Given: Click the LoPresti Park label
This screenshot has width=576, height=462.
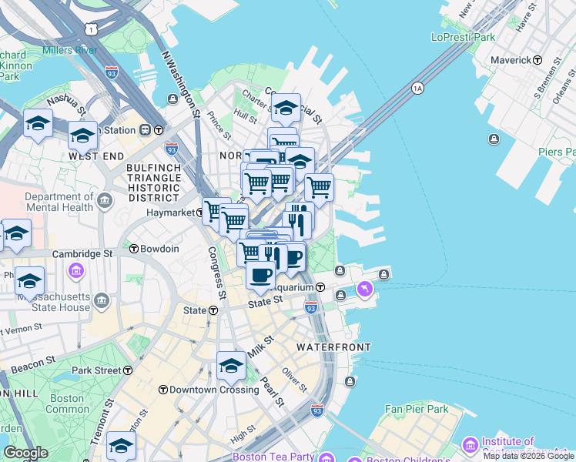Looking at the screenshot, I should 463,36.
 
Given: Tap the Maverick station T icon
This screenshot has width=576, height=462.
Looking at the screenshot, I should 537,60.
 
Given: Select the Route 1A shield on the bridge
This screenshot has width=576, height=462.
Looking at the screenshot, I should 417,88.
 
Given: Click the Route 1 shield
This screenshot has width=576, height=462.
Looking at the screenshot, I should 92,28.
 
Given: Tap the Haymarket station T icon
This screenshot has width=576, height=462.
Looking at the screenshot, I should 200,212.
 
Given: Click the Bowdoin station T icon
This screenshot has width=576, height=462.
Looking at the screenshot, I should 134,249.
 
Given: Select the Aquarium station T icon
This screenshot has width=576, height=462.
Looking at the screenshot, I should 320,287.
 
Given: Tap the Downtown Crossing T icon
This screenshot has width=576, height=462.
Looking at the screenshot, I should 163,390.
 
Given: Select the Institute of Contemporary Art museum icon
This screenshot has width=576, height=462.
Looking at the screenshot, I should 470,445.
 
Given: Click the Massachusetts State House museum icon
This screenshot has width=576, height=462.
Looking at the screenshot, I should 77,271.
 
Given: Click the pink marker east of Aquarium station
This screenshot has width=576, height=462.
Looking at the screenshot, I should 364,289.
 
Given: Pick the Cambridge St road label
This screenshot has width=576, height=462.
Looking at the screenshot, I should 82,253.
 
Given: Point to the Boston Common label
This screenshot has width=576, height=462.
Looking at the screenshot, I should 68,403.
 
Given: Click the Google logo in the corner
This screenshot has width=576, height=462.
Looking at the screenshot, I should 25,452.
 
